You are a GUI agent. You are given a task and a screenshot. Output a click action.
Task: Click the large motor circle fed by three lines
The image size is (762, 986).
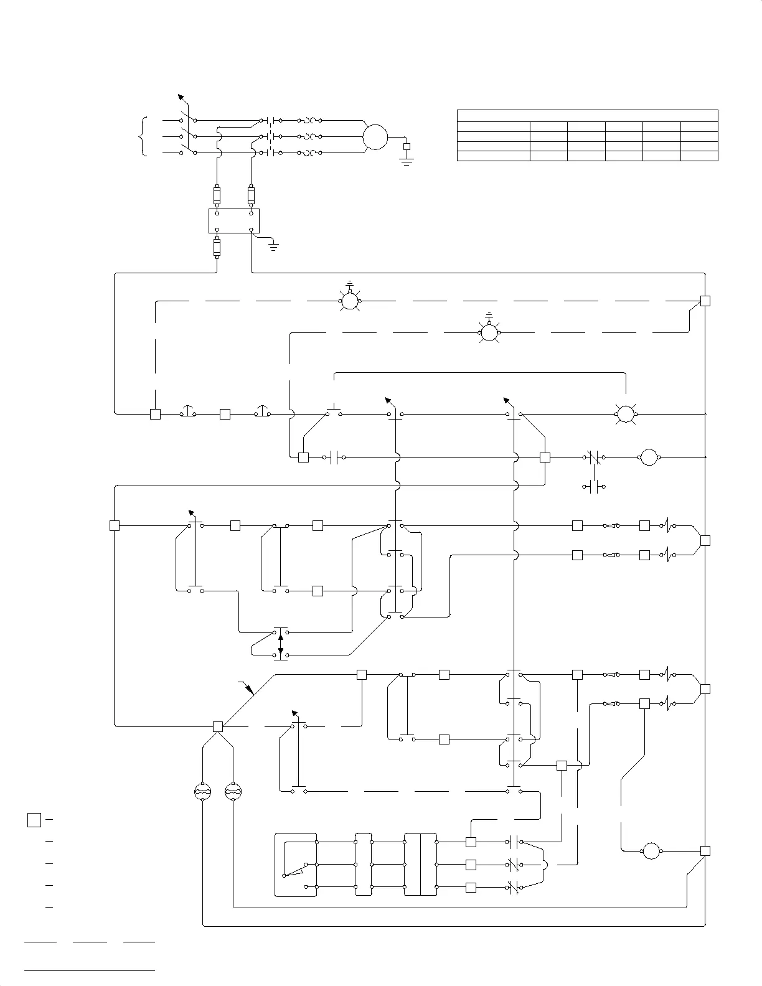(375, 137)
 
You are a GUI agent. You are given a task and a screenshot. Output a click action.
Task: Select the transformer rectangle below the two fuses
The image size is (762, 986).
(233, 221)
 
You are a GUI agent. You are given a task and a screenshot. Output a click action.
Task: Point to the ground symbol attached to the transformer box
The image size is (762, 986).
(273, 246)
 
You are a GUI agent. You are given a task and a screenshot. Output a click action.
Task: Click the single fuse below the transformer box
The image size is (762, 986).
(217, 248)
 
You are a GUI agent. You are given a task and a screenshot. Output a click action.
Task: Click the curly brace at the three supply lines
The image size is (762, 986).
(144, 137)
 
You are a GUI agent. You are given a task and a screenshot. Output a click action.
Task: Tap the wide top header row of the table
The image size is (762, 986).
(587, 116)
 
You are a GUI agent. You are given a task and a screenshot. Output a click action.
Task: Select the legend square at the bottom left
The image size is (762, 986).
(34, 820)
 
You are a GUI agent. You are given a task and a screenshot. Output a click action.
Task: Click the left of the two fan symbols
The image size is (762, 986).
(203, 792)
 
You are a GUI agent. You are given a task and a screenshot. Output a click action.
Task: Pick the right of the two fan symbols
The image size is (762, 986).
(233, 792)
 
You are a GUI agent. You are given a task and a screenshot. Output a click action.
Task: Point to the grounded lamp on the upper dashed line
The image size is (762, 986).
(350, 301)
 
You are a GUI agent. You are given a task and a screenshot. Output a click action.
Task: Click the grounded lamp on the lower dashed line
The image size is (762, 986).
(489, 333)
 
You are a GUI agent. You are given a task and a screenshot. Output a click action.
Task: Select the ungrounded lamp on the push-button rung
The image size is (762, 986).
(625, 414)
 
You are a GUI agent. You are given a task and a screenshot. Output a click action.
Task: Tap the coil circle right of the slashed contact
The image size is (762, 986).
(649, 458)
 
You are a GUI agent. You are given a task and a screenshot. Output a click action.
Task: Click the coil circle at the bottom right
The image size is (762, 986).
(651, 851)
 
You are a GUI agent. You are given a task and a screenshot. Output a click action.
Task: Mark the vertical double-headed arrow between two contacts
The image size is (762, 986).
(281, 644)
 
